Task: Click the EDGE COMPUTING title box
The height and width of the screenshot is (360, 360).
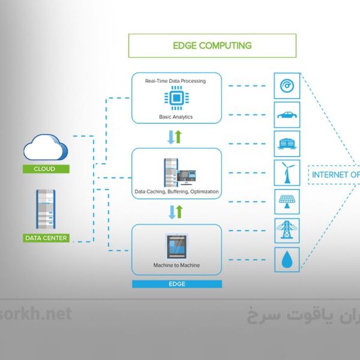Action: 212,46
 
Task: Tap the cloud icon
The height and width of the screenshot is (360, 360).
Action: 46,148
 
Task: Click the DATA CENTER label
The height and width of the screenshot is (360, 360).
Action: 46,238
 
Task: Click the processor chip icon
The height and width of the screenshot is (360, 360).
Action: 176,98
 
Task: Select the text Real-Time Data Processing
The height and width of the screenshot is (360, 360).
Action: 176,80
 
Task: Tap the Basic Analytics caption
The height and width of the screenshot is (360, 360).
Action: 176,116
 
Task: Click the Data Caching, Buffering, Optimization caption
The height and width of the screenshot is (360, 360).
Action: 176,192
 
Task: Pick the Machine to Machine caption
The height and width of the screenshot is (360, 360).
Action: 176,265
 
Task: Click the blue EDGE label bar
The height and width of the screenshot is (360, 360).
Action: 176,284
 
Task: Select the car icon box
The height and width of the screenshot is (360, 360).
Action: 287,115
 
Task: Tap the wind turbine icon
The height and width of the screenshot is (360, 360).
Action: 287,173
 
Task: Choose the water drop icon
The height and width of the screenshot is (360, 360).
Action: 287,260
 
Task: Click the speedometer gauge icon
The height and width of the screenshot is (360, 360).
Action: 287,86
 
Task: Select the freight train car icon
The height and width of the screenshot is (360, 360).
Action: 287,144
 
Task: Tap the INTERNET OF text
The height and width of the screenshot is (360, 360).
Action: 335,175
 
